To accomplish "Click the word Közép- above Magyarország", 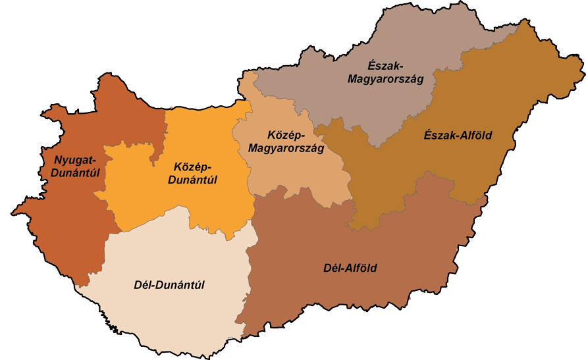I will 285,135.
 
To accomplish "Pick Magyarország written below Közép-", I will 286,148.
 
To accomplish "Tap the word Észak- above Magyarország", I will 385,65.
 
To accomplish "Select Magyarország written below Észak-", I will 385,78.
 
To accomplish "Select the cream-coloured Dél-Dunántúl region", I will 165,316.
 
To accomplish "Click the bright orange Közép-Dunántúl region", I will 198,204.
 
